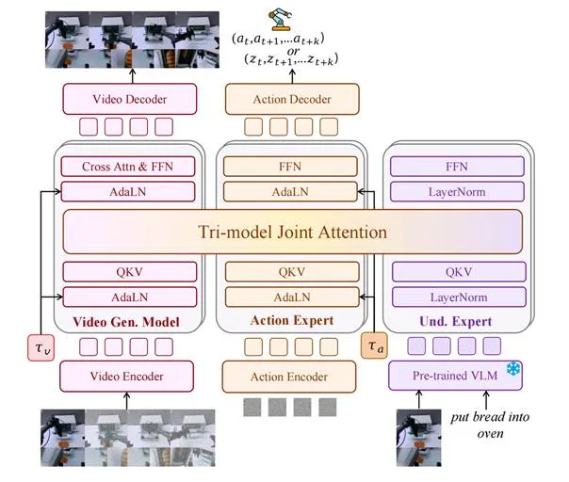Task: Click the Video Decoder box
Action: [x=130, y=99]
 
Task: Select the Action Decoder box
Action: [x=292, y=99]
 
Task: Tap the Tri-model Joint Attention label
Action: [x=292, y=233]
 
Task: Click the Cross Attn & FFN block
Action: [x=128, y=167]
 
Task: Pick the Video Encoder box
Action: [x=126, y=377]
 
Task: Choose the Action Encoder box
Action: [x=289, y=377]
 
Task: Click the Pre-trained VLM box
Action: [x=455, y=376]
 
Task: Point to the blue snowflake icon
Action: [x=513, y=369]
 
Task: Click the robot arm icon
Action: [x=280, y=19]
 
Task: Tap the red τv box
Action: [x=41, y=347]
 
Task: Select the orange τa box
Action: [x=374, y=345]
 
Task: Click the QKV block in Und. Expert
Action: [x=459, y=272]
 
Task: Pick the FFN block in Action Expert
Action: [x=290, y=167]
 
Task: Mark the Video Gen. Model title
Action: [x=126, y=322]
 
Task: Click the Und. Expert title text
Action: [x=455, y=321]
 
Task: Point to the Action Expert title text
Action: [x=292, y=320]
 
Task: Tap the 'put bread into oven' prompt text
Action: [x=490, y=425]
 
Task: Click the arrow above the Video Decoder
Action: [x=133, y=76]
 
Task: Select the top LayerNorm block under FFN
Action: [x=457, y=191]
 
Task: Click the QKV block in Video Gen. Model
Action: [x=130, y=272]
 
